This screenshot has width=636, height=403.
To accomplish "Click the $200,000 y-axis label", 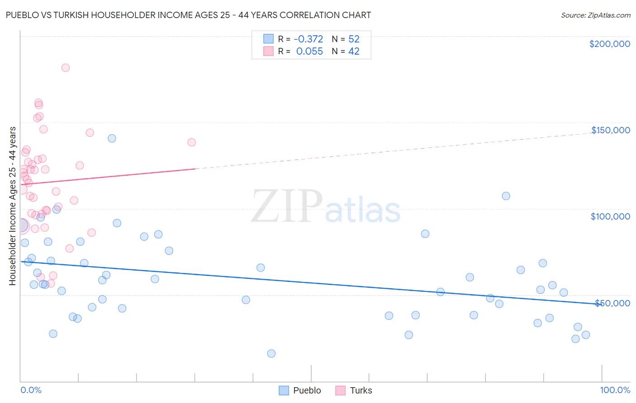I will click(x=609, y=44).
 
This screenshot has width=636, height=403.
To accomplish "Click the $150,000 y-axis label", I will click(x=610, y=130).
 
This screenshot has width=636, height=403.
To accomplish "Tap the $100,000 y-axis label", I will click(x=610, y=216).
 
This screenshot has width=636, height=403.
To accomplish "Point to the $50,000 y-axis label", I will click(x=612, y=303).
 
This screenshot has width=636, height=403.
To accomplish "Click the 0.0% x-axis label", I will click(x=31, y=390).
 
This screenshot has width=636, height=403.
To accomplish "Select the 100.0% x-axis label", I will click(x=615, y=390).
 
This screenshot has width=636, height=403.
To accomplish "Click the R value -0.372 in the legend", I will click(x=308, y=39).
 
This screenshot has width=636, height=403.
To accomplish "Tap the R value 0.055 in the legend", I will click(x=309, y=52).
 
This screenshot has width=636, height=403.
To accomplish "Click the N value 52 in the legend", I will click(x=354, y=39).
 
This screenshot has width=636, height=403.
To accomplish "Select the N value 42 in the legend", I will click(x=354, y=52).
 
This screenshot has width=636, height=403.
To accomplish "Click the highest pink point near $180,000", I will click(x=66, y=68).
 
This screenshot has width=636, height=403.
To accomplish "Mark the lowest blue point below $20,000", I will click(x=271, y=354).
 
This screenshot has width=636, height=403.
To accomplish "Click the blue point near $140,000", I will click(x=112, y=138).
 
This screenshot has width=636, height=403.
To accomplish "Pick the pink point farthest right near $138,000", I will click(x=192, y=142).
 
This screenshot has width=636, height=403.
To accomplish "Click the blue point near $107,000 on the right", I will click(x=506, y=196).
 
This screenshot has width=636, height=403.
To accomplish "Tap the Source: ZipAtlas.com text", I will click(x=595, y=15).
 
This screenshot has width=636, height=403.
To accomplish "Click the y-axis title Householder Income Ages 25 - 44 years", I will click(x=13, y=206).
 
